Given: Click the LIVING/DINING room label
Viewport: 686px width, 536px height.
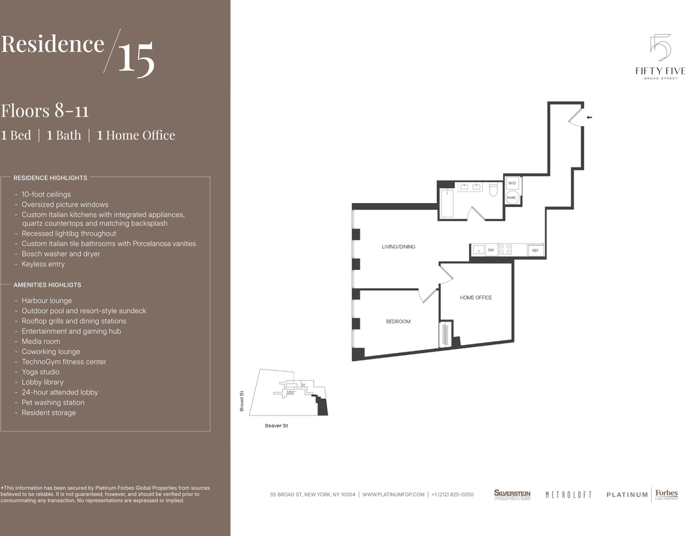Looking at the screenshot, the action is click(398, 247).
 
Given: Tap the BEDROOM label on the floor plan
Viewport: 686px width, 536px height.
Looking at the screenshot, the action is click(398, 322).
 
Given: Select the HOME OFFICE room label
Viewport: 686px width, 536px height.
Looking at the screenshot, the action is click(476, 297).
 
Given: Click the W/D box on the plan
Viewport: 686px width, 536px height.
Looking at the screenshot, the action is click(512, 183).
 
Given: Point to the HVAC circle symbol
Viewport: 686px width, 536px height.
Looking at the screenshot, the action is click(512, 198).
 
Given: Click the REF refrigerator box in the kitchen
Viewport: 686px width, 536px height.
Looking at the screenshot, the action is click(535, 251).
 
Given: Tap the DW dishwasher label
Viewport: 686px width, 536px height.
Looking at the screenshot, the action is click(491, 251).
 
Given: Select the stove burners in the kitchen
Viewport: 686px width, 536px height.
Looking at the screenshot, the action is click(505, 249).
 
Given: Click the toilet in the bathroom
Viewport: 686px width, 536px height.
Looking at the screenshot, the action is click(494, 190).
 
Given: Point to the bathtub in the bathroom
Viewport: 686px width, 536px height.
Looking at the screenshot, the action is click(447, 204).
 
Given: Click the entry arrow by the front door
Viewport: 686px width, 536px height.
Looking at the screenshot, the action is click(589, 117).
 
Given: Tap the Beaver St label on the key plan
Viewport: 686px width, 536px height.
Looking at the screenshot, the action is click(277, 425).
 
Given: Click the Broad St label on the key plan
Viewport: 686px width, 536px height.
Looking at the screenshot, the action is click(241, 401).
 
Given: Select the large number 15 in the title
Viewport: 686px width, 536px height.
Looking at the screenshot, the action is click(136, 58).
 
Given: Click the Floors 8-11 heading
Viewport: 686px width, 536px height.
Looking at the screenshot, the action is click(45, 111).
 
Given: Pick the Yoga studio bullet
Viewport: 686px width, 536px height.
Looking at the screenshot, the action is click(41, 372).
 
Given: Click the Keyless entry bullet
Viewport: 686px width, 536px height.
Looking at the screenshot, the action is click(44, 264).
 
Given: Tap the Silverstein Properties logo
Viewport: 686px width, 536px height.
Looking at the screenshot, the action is click(512, 495).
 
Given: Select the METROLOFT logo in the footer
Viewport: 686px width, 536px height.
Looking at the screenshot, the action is click(568, 495).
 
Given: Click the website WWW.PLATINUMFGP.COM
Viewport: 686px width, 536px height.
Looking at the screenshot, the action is click(393, 494).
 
